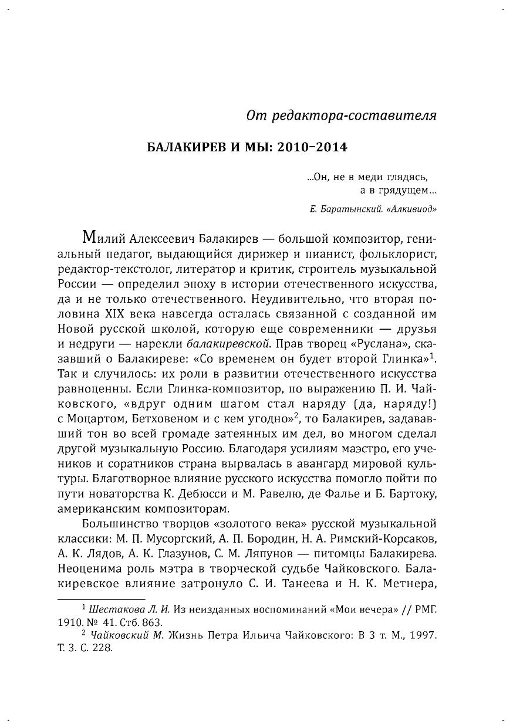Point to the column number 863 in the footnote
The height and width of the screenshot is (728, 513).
[x=152, y=622]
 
